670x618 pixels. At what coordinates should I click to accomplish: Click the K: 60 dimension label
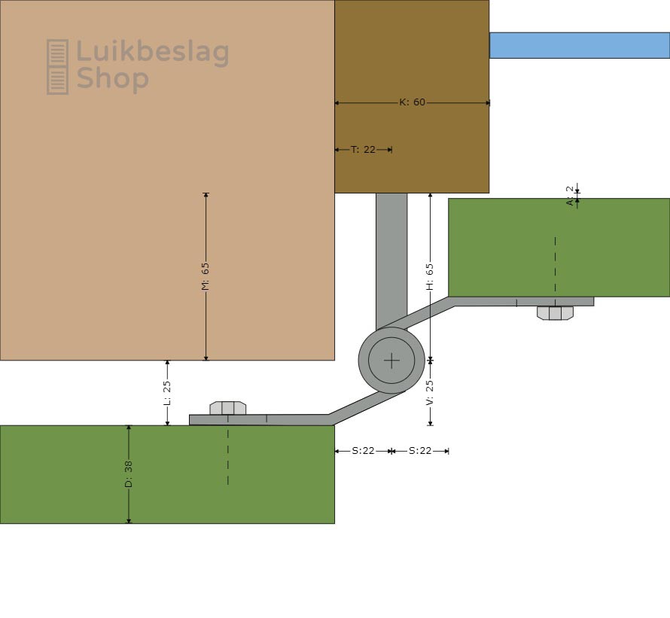pyautogui.click(x=413, y=102)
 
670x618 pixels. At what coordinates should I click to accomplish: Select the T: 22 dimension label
pyautogui.click(x=363, y=150)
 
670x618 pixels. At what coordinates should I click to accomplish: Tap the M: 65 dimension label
pyautogui.click(x=206, y=276)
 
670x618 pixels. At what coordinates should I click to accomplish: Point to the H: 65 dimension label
pyautogui.click(x=430, y=277)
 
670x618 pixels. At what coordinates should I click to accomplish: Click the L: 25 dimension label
pyautogui.click(x=167, y=393)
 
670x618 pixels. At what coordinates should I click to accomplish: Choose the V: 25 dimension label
pyautogui.click(x=430, y=392)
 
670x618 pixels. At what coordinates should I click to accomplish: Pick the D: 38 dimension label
pyautogui.click(x=129, y=474)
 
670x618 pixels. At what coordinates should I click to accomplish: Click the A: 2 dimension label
pyautogui.click(x=570, y=196)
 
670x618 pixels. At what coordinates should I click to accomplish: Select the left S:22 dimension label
pyautogui.click(x=363, y=451)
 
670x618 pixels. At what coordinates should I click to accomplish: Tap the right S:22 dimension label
pyautogui.click(x=420, y=451)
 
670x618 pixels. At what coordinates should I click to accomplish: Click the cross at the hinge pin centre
pyautogui.click(x=391, y=361)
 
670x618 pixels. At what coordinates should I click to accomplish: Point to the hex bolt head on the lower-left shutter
pyautogui.click(x=228, y=408)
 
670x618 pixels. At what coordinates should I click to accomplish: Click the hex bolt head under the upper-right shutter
pyautogui.click(x=555, y=313)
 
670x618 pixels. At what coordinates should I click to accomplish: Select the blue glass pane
pyautogui.click(x=580, y=45)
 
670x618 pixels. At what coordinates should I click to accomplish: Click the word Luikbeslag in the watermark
pyautogui.click(x=153, y=53)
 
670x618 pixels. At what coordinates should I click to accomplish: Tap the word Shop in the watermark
pyautogui.click(x=112, y=78)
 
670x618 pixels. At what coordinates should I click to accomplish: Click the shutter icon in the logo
pyautogui.click(x=58, y=67)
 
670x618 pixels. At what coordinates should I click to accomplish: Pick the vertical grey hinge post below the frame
pyautogui.click(x=391, y=261)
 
